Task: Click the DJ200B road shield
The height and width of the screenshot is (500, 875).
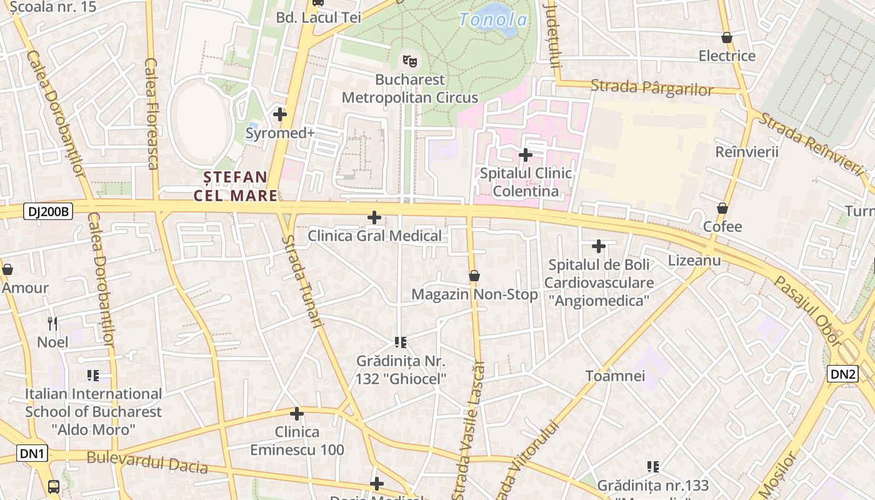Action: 48,211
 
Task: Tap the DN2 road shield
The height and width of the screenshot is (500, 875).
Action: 842,374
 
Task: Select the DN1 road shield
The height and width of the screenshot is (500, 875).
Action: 32,453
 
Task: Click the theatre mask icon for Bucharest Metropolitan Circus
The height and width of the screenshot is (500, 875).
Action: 410,61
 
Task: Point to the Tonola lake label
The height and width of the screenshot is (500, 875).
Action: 493,20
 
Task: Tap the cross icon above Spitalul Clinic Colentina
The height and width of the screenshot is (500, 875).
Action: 526,154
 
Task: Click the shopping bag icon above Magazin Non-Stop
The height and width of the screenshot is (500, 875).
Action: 474,276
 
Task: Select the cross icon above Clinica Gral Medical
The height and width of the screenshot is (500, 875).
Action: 374,217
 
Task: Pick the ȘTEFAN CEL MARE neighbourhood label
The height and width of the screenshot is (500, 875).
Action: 236,186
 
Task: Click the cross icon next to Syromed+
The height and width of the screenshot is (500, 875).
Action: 280,114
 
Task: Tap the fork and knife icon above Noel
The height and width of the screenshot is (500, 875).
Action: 52,323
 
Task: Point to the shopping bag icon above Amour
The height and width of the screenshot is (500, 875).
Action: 7,269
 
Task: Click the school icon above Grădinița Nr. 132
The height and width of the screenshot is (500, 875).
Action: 401,342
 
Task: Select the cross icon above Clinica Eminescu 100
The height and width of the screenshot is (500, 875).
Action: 297,413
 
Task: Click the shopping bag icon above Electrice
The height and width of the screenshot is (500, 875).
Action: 727,37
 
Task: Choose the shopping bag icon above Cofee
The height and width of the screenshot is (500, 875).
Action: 722,208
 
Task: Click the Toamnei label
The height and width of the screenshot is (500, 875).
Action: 615,376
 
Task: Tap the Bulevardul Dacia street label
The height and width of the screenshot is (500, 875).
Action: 147,461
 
